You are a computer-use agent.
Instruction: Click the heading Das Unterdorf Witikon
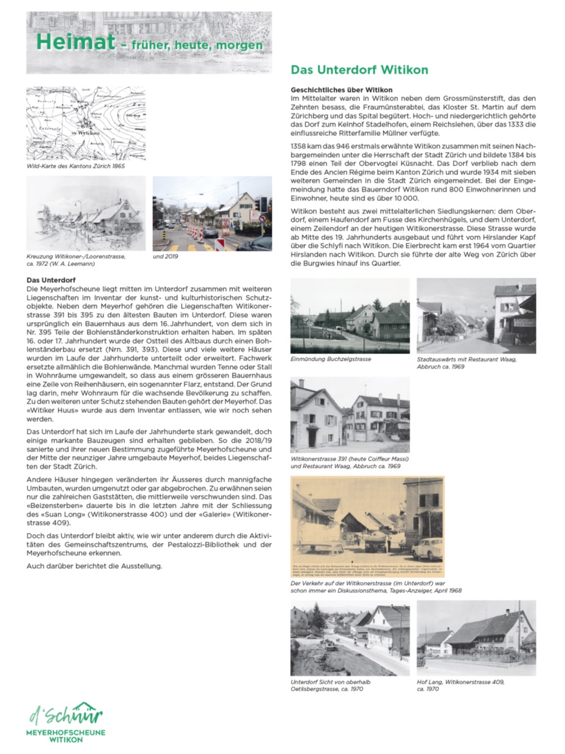[x=359, y=70]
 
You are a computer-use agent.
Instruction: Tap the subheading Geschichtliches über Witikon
[x=341, y=90]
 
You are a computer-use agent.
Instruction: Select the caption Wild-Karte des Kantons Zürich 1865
[x=76, y=166]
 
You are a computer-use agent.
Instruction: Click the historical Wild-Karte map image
[x=86, y=123]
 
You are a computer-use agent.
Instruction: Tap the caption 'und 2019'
[x=166, y=256]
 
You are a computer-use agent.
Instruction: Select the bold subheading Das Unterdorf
[x=51, y=280]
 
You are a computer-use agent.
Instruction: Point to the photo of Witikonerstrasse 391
[x=350, y=415]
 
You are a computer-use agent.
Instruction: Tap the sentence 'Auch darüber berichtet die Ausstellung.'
[x=94, y=565]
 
